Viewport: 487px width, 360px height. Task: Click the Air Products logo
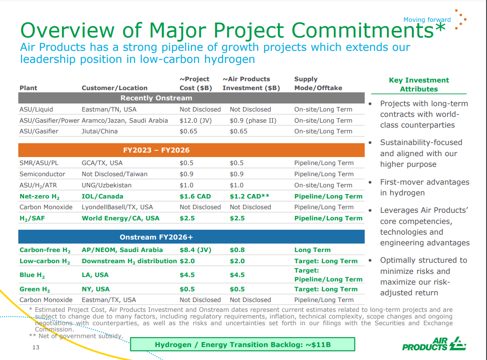[434, 343]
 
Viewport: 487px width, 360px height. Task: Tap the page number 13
[36, 348]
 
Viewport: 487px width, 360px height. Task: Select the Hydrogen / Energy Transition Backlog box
[242, 344]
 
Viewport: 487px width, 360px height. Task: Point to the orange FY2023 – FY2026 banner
[191, 150]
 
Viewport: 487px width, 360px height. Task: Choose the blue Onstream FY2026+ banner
[191, 237]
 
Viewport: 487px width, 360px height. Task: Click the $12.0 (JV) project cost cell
[195, 120]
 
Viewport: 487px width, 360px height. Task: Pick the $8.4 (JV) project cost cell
[195, 250]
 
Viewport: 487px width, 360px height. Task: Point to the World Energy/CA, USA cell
[120, 218]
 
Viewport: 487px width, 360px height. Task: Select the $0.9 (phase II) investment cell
[250, 120]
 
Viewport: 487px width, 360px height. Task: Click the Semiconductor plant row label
[42, 174]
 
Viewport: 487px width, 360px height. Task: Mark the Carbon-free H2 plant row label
[45, 250]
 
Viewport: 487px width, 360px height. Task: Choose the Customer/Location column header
[114, 88]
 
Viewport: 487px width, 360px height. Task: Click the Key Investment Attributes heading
[419, 84]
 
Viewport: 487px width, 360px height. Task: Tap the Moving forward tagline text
[427, 20]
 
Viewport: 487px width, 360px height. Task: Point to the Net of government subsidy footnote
[75, 336]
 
